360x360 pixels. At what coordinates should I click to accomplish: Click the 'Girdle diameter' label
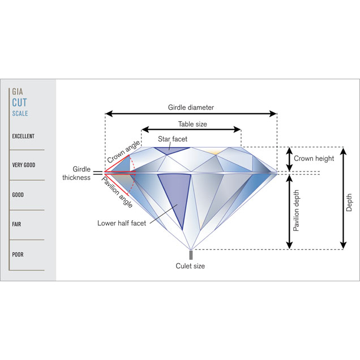191,107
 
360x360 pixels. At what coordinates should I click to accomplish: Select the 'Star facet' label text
173,139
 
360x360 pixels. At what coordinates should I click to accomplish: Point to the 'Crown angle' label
123,151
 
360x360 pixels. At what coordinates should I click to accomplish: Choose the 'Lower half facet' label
122,223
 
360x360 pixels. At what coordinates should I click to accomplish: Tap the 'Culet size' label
191,266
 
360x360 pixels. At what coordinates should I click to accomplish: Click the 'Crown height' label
317,158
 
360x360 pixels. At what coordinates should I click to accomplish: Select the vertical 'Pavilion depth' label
297,211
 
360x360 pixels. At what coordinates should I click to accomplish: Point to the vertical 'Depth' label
349,203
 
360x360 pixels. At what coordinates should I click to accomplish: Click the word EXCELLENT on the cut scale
23,136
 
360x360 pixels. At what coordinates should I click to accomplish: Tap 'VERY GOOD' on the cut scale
24,165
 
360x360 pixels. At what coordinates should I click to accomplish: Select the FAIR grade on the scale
17,225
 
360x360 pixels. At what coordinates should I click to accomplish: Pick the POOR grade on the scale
18,255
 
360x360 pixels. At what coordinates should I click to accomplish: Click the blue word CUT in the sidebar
19,103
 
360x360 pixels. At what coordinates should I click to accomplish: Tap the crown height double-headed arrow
289,159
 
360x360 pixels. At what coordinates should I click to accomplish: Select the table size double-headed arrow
191,130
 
